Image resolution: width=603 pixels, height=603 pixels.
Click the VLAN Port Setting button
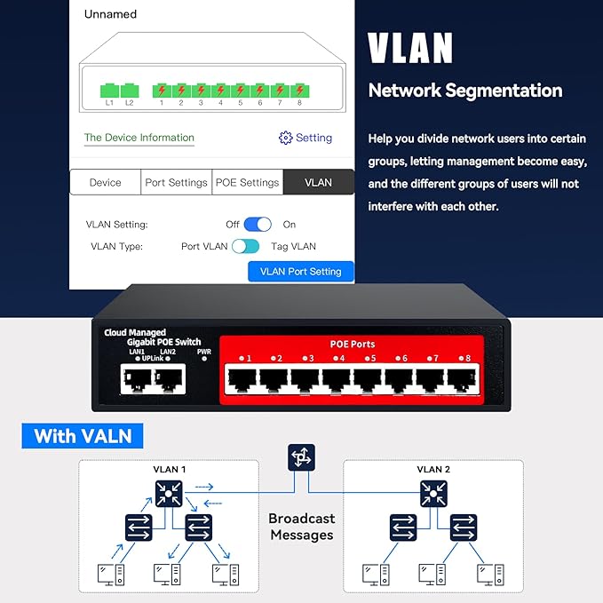click(300, 272)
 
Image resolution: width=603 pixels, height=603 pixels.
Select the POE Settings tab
click(247, 182)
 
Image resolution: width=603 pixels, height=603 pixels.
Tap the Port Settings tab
click(176, 182)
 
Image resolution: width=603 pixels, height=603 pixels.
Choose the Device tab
click(105, 182)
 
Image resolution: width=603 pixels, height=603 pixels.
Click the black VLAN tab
click(318, 182)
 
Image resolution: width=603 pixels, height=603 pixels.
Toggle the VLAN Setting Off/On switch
click(258, 225)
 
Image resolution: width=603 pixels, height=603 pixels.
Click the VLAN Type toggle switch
click(245, 246)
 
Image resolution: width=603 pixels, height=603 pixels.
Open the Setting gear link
click(305, 138)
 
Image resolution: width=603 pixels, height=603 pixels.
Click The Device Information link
click(139, 138)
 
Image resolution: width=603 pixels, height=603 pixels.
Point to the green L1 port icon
click(109, 90)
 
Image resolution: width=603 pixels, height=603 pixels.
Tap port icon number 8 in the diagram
click(299, 90)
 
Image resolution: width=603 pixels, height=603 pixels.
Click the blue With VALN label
click(82, 436)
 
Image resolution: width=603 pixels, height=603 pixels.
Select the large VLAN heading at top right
click(410, 49)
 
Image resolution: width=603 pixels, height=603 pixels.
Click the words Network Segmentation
click(464, 91)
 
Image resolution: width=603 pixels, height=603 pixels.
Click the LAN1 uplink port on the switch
click(137, 380)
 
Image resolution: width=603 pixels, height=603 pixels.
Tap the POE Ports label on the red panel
click(352, 344)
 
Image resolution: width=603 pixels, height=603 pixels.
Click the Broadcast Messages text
click(301, 527)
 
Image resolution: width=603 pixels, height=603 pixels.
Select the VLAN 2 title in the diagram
click(434, 469)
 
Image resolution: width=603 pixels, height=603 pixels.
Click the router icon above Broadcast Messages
click(301, 458)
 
